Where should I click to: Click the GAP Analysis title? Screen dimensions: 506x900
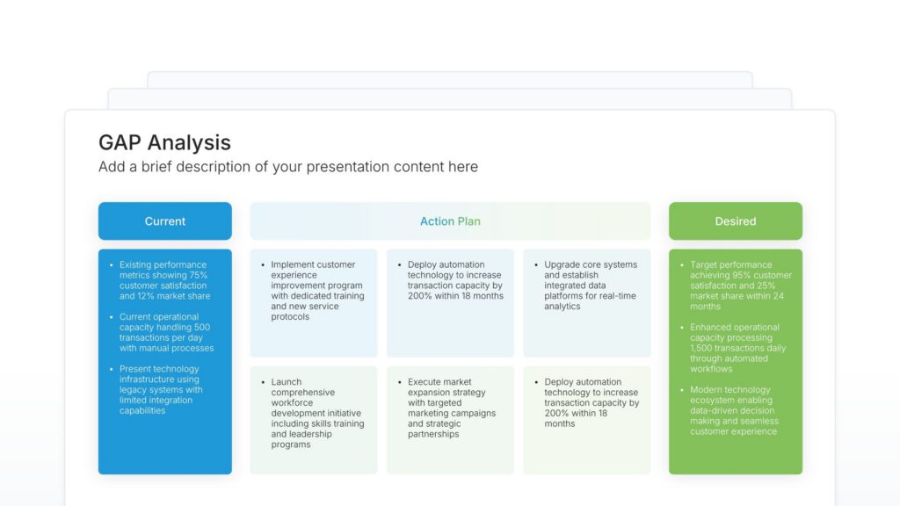point(164,143)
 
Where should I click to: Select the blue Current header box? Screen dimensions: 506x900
point(165,221)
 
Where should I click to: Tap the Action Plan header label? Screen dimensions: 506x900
point(450,221)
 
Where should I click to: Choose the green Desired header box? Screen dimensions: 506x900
point(736,221)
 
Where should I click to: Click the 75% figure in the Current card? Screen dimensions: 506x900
point(199,275)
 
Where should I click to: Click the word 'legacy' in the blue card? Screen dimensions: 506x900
point(134,390)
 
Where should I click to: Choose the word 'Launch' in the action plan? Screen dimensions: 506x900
point(287,382)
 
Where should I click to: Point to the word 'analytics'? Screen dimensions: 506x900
point(562,307)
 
